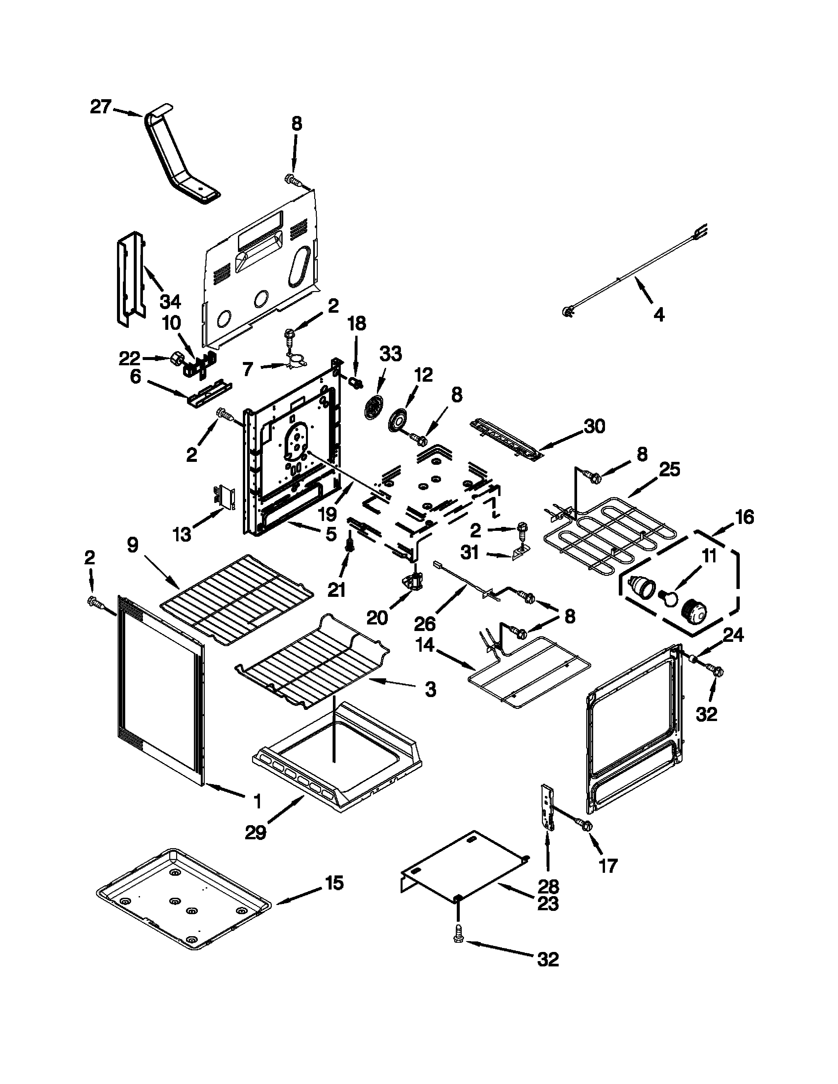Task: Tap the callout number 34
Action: click(x=170, y=301)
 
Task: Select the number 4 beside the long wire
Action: click(x=659, y=314)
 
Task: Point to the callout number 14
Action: click(x=425, y=645)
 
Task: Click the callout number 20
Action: click(x=377, y=618)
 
